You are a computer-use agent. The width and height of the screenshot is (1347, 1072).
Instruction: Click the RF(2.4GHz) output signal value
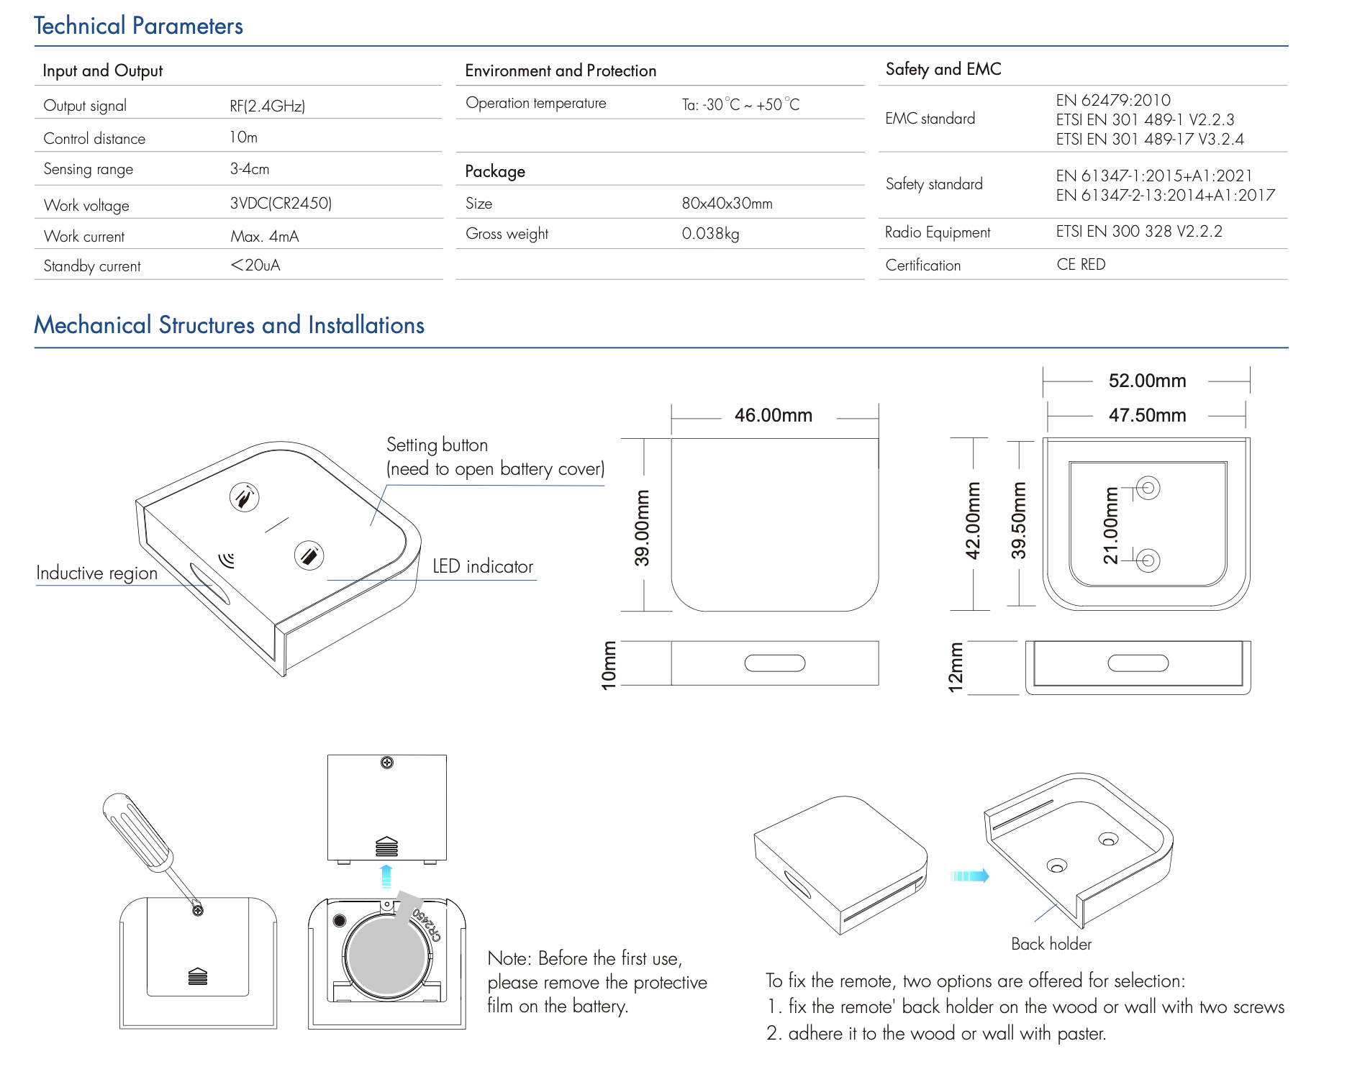point(267,106)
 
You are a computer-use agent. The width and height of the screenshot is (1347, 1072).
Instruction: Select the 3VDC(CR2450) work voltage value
point(281,204)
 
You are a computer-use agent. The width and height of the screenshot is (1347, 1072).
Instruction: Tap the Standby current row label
point(92,266)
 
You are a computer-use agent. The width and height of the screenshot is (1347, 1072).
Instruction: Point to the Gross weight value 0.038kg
point(710,234)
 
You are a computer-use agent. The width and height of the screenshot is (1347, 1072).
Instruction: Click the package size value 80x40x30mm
point(727,204)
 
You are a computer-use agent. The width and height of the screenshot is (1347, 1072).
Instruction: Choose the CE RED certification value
point(1081,265)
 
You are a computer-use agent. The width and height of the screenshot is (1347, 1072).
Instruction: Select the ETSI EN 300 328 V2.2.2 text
point(1138,232)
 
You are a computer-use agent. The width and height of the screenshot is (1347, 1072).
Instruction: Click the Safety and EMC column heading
point(943,69)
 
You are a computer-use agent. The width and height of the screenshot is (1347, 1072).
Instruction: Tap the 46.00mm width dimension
point(773,415)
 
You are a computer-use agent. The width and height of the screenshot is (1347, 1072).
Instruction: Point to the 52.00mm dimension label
point(1147,381)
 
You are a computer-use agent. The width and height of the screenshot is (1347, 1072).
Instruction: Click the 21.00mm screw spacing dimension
point(1111,525)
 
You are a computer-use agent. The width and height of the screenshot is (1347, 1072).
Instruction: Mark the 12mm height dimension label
point(956,668)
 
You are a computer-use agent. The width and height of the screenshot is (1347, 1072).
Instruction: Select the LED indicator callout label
point(483,567)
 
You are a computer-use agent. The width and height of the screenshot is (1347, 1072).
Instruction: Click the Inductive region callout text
point(96,573)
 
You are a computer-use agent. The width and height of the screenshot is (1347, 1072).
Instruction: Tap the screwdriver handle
point(136,831)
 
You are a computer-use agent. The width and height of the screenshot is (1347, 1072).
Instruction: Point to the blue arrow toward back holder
point(969,876)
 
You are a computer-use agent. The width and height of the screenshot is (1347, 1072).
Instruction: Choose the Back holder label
point(1051,944)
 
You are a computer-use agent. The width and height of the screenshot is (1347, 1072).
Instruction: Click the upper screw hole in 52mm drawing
point(1148,488)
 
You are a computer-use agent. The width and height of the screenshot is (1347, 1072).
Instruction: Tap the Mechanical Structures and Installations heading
point(229,325)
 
